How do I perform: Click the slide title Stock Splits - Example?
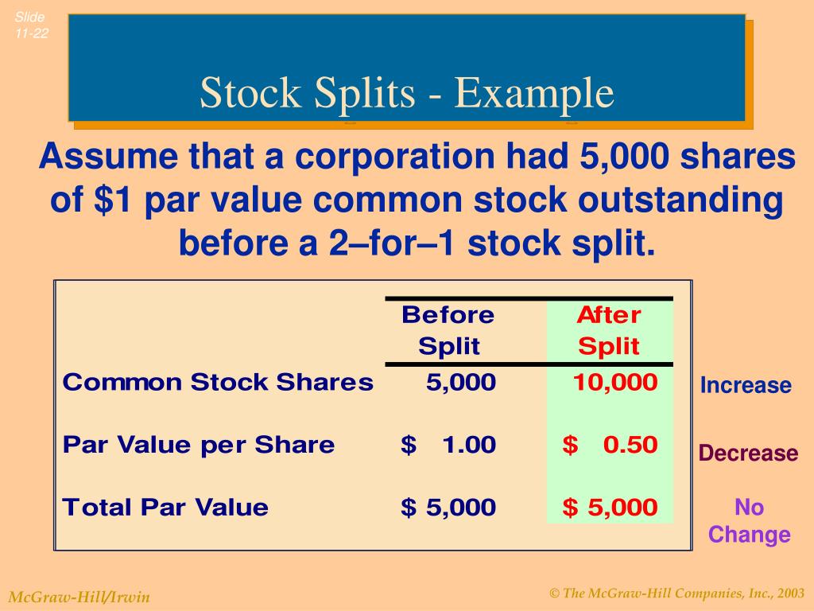406,93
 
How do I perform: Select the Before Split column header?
448,330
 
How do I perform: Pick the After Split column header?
609,330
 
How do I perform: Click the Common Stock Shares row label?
218,383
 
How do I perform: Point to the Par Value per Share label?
199,445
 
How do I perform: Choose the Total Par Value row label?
165,507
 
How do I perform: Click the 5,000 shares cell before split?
460,383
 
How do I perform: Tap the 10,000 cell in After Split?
615,383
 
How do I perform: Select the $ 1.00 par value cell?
448,445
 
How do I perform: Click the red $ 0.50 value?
610,445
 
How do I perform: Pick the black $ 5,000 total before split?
448,507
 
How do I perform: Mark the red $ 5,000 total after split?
610,507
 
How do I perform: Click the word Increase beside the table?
746,386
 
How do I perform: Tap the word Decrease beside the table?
748,453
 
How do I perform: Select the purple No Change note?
749,520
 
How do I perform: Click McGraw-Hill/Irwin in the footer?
79,597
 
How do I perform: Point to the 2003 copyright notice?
676,593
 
